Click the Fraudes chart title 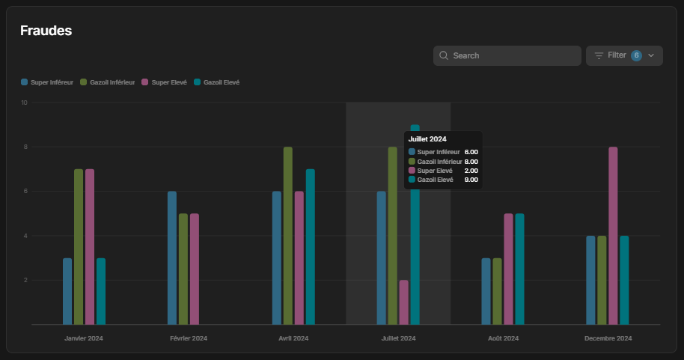click(x=46, y=31)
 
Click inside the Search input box click(x=507, y=56)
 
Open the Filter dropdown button click(x=624, y=56)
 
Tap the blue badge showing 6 click(x=636, y=55)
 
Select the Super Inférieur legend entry click(x=47, y=82)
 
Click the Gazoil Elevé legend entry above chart click(x=217, y=82)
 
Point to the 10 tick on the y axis click(x=24, y=103)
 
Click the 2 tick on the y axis click(x=25, y=280)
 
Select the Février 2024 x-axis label click(x=189, y=338)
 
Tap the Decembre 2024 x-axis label click(x=608, y=338)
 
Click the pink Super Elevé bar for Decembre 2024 click(x=613, y=236)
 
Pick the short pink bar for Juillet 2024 click(x=403, y=302)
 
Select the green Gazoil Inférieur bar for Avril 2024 click(x=288, y=236)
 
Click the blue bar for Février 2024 click(x=172, y=258)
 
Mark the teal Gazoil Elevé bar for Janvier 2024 click(x=101, y=291)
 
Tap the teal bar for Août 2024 click(x=519, y=269)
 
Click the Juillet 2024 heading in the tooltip click(x=427, y=139)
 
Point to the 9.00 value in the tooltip click(x=471, y=180)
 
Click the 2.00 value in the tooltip click(x=471, y=171)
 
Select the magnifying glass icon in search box click(x=444, y=55)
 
